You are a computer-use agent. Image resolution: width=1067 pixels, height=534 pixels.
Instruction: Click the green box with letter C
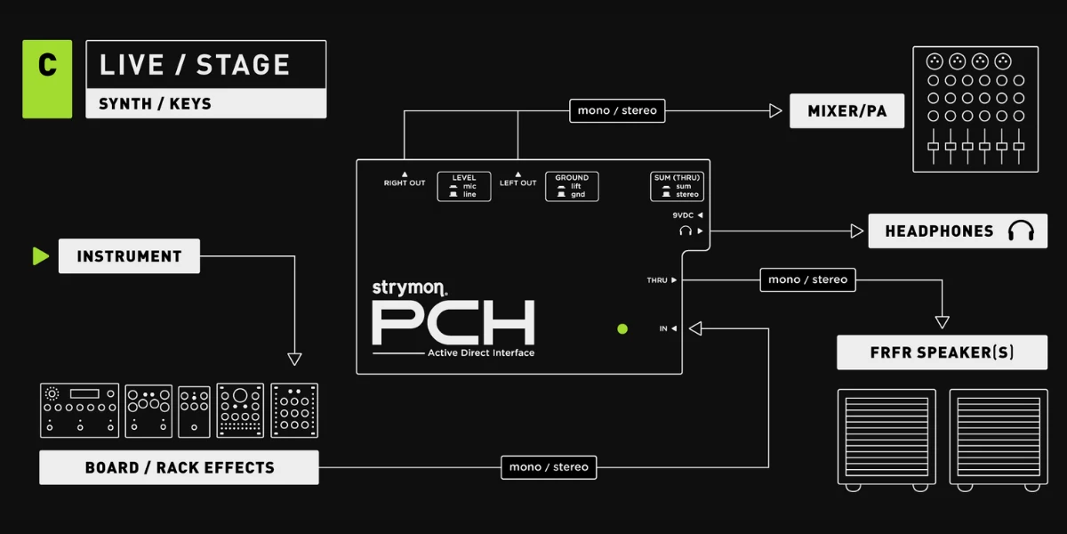[x=47, y=78]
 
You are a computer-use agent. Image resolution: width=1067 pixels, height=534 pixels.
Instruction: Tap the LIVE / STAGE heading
[x=195, y=65]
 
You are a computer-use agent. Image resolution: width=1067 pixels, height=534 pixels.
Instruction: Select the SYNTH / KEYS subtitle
[x=155, y=103]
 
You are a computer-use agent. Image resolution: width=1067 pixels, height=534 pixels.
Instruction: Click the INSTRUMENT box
[x=129, y=256]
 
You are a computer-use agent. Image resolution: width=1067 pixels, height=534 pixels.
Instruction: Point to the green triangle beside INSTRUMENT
[x=41, y=256]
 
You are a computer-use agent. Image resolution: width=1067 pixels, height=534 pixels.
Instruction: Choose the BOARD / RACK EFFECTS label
[x=179, y=467]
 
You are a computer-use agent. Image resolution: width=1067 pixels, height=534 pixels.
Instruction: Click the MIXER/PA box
[x=846, y=110]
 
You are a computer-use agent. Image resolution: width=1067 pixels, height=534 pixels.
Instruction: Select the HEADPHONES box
[x=958, y=231]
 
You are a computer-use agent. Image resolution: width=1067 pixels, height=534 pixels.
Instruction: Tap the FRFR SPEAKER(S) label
[x=942, y=352]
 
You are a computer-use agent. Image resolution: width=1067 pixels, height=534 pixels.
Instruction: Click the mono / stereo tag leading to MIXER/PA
[x=617, y=110]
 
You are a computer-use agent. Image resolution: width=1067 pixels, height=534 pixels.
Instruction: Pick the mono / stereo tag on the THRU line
[x=808, y=279]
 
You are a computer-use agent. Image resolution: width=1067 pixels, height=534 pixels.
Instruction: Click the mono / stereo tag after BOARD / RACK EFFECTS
[x=549, y=467]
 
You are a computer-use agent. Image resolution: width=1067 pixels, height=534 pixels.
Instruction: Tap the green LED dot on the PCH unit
[x=622, y=329]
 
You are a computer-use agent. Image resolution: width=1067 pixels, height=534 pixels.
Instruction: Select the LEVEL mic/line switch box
[x=464, y=186]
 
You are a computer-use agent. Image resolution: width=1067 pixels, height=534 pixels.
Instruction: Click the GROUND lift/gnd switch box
[x=572, y=186]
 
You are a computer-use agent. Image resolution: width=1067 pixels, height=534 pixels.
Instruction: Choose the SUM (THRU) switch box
[x=677, y=186]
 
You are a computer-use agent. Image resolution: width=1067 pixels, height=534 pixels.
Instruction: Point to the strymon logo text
[x=409, y=288]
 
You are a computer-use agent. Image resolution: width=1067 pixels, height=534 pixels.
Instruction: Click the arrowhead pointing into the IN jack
[x=695, y=328]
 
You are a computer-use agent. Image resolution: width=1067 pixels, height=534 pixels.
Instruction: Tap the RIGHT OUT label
[x=405, y=183]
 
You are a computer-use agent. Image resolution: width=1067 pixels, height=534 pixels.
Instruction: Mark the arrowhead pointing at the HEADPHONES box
[x=857, y=231]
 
